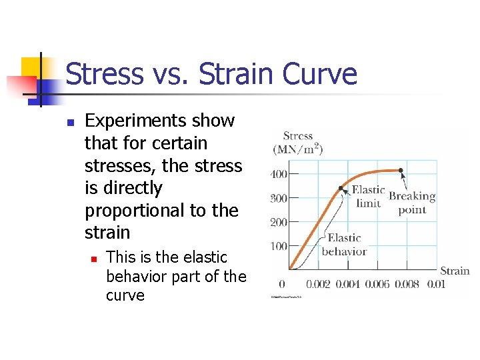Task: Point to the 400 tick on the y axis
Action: (278, 175)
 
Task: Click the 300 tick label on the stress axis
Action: (278, 198)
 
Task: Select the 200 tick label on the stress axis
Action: (278, 222)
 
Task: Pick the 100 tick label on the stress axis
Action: (278, 246)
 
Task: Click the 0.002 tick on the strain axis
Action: (317, 284)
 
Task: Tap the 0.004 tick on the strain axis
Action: (347, 284)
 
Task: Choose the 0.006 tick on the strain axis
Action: (377, 284)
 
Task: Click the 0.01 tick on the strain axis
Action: (435, 284)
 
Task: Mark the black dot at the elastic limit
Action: (341, 188)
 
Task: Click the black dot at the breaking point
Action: (401, 171)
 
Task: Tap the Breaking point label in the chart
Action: (412, 203)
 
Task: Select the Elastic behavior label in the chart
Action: (344, 245)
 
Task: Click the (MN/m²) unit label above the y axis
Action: (297, 149)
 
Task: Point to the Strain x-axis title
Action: (455, 271)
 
